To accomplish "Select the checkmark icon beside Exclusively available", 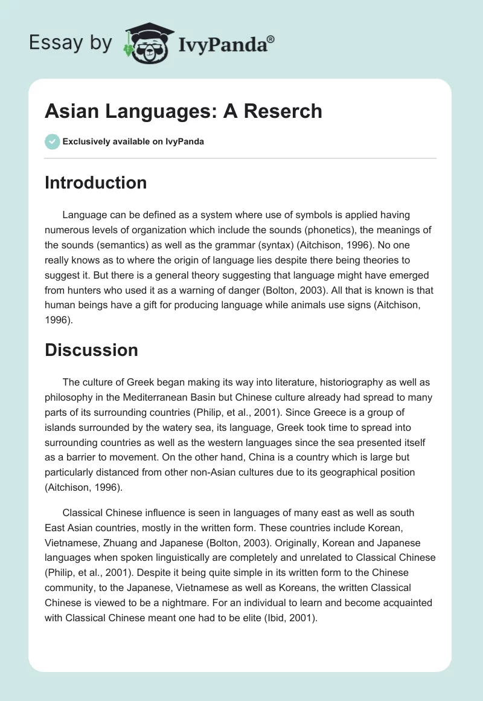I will point(52,142).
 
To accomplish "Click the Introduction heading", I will point(95,183).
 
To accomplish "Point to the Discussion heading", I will point(91,350).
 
